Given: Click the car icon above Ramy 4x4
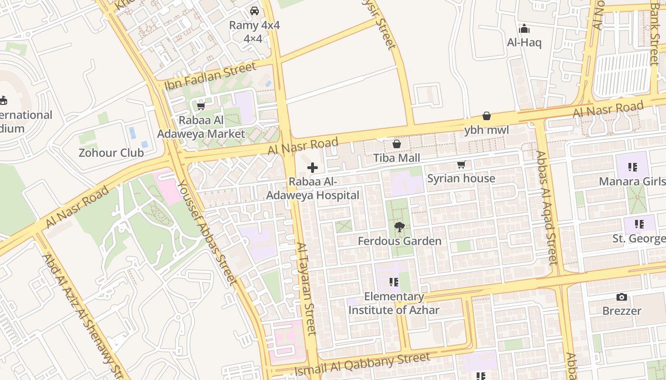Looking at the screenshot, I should [x=255, y=11].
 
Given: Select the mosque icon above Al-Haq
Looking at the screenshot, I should [x=524, y=29].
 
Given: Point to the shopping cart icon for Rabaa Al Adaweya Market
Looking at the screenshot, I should [x=201, y=106].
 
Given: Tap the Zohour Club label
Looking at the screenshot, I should [x=111, y=153].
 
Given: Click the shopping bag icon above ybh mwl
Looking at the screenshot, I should [x=487, y=116].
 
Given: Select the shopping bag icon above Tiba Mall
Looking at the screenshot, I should [x=396, y=144].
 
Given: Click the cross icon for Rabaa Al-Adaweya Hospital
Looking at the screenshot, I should [x=313, y=168].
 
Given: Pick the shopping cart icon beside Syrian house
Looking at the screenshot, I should [x=460, y=165].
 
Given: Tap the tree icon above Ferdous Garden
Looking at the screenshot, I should [x=400, y=227].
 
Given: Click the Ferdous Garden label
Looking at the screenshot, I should [x=400, y=241].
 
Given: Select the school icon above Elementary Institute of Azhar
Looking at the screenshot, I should [x=393, y=283].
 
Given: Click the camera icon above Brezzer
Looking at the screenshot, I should [x=621, y=297].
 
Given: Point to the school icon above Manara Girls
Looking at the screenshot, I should [x=632, y=167].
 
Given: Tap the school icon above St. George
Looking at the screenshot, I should [x=639, y=224].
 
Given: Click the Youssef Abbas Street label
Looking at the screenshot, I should [x=207, y=233].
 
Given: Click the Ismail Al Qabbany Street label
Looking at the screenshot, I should [x=362, y=364].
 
